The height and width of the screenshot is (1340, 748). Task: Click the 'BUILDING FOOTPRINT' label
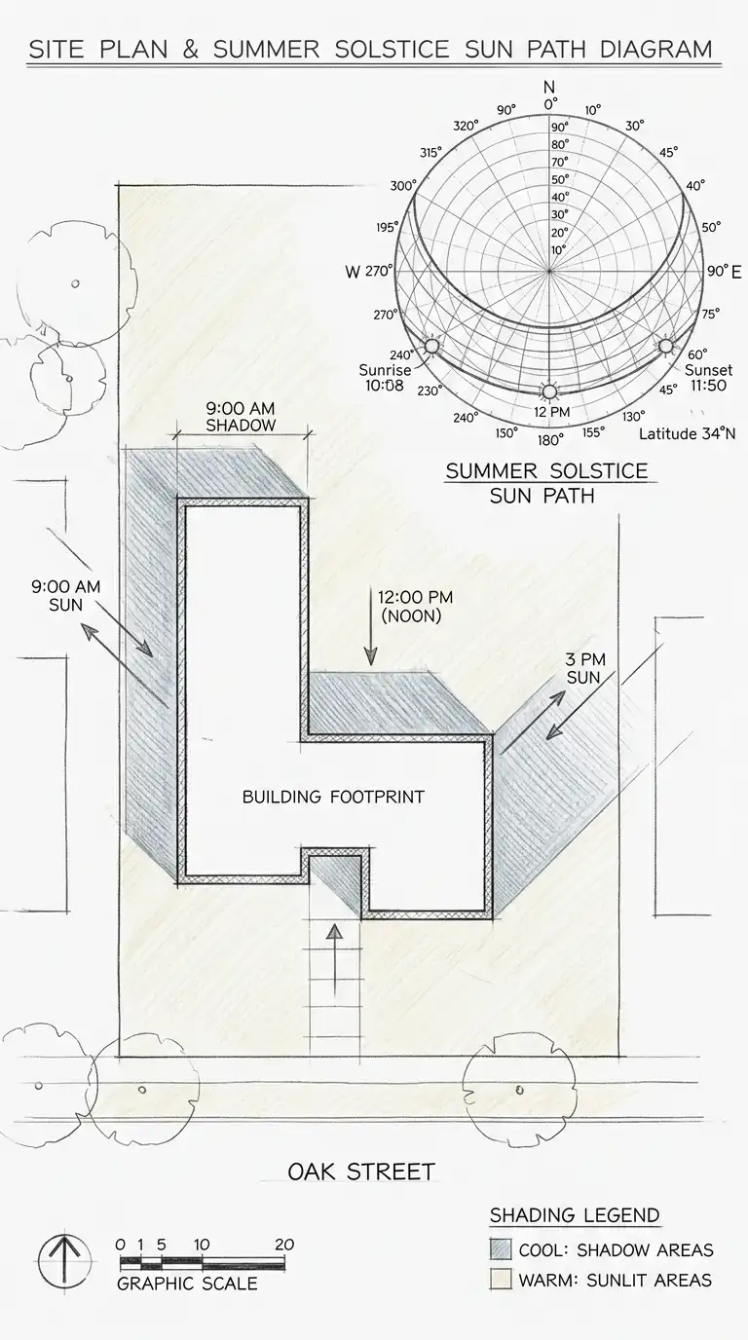coord(333,797)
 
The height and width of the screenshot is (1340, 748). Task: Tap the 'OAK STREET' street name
coord(361,1172)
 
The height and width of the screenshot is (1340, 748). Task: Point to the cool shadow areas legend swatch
coord(501,1249)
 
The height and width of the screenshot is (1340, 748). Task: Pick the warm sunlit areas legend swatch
coord(501,1280)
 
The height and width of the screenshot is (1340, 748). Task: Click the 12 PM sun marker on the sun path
coord(549,392)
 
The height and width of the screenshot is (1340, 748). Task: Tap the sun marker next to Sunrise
coord(431,346)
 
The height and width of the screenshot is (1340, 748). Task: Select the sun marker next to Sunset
coord(666,346)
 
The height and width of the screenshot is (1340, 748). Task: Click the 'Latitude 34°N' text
coord(687,433)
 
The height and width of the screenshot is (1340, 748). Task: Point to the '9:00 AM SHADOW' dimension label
coord(241,417)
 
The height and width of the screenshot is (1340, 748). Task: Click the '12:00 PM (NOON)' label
coord(415,607)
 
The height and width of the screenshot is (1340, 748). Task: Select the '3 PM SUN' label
coord(584,668)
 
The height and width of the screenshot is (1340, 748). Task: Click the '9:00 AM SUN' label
coord(66,596)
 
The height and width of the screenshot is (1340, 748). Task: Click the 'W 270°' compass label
coord(368,272)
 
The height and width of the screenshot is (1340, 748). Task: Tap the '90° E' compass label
coord(724,271)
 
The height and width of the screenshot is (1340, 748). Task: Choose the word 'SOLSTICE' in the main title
coord(392,49)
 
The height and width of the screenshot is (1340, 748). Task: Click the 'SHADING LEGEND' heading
coord(575,1215)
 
